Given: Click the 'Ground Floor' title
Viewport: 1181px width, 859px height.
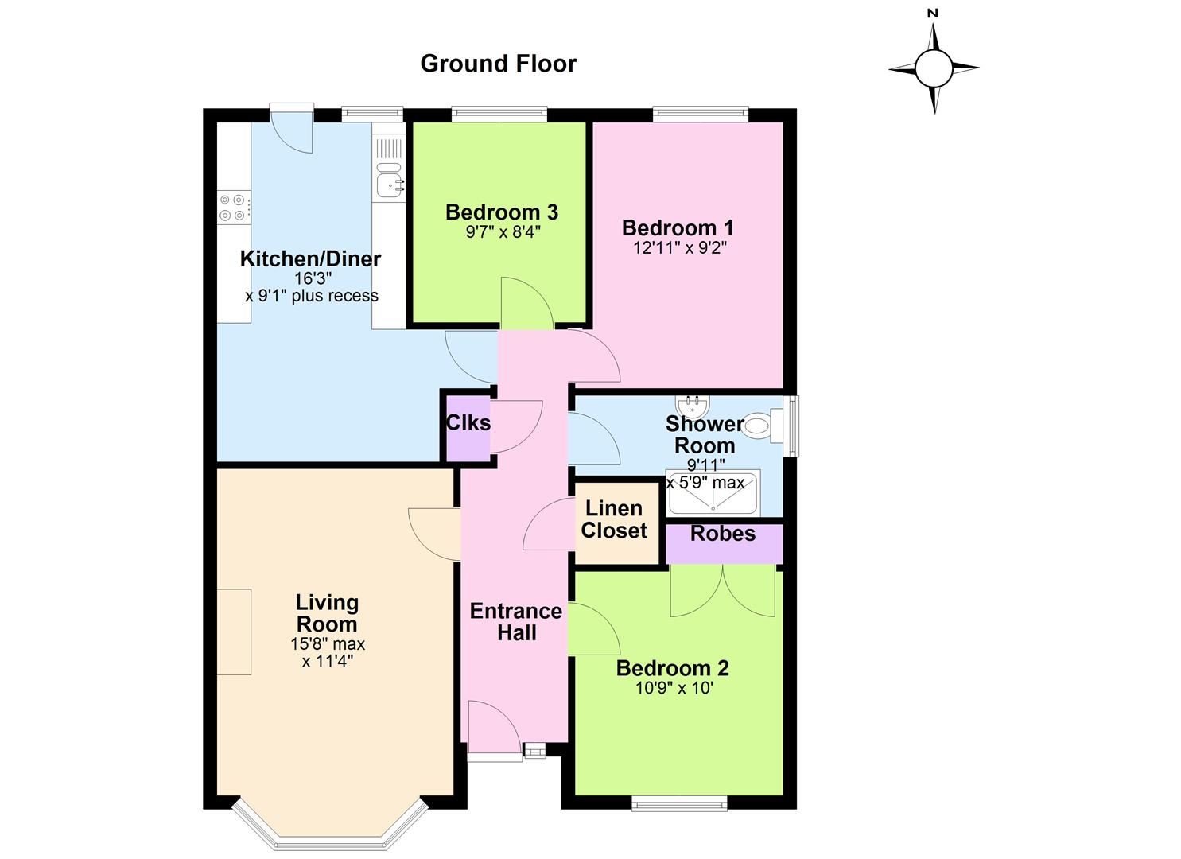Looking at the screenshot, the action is point(498,64).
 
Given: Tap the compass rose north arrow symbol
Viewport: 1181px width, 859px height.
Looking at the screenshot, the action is point(934,68).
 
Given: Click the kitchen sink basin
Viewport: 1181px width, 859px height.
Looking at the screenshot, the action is point(389,186).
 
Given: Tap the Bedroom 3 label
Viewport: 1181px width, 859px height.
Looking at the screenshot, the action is point(501,212).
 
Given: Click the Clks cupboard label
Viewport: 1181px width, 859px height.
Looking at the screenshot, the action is point(468,422).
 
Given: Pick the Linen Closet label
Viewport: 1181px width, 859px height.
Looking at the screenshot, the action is point(614,519).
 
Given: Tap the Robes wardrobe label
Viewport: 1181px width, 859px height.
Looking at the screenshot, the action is point(723,534).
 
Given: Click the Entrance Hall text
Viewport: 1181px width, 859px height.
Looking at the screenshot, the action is point(516,622).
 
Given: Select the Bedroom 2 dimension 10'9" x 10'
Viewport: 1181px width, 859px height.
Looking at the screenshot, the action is point(675,688).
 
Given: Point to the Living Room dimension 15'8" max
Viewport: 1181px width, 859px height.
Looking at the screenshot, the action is point(328,644).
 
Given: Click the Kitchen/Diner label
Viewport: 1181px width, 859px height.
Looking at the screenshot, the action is point(310,259).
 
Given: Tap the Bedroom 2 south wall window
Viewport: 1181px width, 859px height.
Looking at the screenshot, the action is point(680,803).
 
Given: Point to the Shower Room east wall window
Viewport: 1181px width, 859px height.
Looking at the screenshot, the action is point(791,426).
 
